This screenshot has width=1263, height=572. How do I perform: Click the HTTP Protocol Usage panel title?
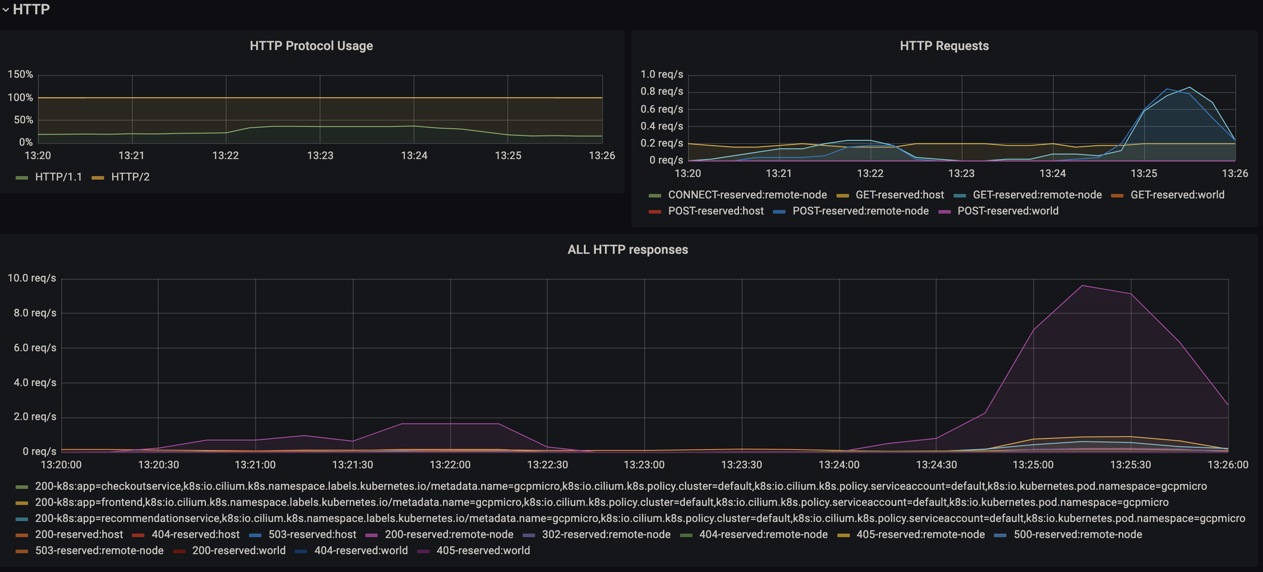click(311, 46)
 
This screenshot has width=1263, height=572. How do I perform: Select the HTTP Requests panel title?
click(944, 46)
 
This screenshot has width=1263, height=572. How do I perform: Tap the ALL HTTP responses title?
click(628, 250)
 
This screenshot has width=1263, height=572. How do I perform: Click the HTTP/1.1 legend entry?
click(49, 177)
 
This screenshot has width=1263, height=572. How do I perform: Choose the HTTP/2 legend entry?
click(121, 177)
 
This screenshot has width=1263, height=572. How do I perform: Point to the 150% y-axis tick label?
click(20, 74)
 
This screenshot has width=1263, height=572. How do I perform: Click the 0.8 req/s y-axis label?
click(662, 92)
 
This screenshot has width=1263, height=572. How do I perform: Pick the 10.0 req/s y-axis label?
click(32, 278)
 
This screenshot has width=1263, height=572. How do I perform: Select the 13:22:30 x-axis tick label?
click(547, 465)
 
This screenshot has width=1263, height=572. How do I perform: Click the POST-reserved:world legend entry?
click(999, 211)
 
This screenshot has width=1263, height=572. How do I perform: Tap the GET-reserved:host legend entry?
click(891, 195)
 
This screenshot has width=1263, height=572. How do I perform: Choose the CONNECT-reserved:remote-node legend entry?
click(738, 195)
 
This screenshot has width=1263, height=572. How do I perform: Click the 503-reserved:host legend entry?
click(303, 535)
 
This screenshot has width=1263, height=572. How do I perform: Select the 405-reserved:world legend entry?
click(474, 551)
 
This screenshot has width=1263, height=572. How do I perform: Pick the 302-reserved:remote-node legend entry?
click(597, 535)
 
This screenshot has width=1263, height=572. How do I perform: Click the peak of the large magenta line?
click(1082, 286)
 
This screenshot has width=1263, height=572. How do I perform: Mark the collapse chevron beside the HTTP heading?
click(5, 9)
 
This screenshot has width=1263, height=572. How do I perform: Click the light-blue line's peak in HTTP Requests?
click(1190, 87)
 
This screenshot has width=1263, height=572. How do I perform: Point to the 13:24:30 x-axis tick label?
click(936, 465)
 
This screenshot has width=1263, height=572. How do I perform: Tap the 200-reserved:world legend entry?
click(229, 551)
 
